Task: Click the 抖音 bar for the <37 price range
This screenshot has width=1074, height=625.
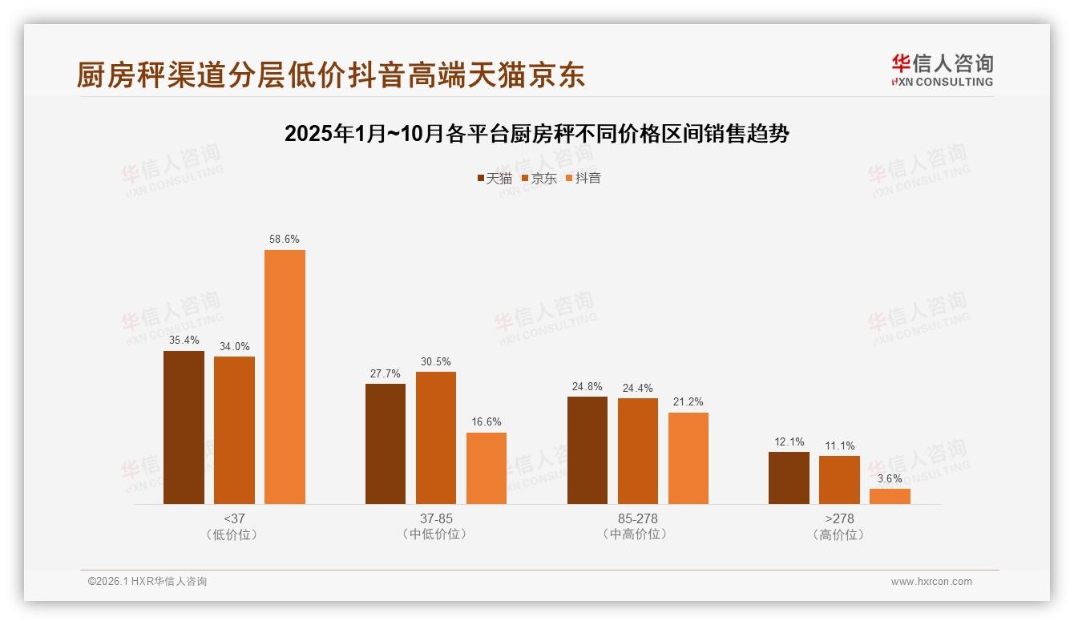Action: [285, 377]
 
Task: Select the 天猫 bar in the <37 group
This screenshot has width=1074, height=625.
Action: [184, 427]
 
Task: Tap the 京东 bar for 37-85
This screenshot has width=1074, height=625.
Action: [435, 437]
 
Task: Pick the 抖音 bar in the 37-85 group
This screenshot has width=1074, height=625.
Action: [487, 468]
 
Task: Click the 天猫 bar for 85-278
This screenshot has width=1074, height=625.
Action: [587, 450]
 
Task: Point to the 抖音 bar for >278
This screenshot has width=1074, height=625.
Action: [890, 496]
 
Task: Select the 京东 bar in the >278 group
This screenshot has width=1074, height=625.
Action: [839, 480]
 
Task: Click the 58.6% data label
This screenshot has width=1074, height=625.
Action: [285, 239]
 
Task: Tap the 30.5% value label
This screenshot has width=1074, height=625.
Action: [435, 361]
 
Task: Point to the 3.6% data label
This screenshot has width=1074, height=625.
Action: [890, 478]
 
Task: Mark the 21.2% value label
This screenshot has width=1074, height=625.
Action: [688, 402]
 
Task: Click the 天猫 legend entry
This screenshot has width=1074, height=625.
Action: [495, 178]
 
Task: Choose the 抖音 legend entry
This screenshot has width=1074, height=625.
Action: [583, 178]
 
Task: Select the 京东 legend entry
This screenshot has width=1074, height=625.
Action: [539, 178]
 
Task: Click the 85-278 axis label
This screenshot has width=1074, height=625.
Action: [638, 518]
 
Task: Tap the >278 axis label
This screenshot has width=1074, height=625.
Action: [839, 518]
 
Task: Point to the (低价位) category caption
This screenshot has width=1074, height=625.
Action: [234, 534]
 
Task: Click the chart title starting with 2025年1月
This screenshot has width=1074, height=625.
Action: [537, 134]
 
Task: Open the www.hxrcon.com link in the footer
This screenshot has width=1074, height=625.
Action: [931, 582]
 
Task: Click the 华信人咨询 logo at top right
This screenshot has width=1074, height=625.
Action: [942, 70]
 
